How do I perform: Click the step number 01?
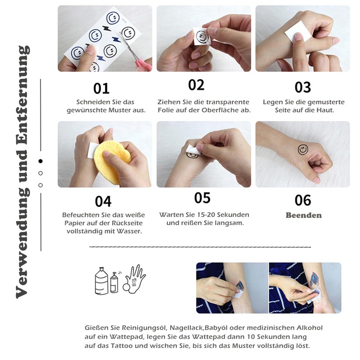pyautogui.click(x=101, y=89)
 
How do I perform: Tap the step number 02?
pyautogui.click(x=196, y=85)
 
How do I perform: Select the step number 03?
pyautogui.click(x=303, y=87)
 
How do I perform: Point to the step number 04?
pyautogui.click(x=103, y=202)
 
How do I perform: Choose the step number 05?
pyautogui.click(x=202, y=198)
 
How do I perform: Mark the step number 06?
pyautogui.click(x=303, y=200)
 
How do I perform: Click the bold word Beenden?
pyautogui.click(x=303, y=216)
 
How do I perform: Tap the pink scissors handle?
pyautogui.click(x=144, y=64)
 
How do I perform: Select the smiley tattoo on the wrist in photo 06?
pyautogui.click(x=303, y=150)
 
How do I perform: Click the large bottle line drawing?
pyautogui.click(x=102, y=281)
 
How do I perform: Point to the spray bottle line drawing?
pyautogui.click(x=114, y=283)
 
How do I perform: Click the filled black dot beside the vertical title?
pyautogui.click(x=40, y=161)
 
